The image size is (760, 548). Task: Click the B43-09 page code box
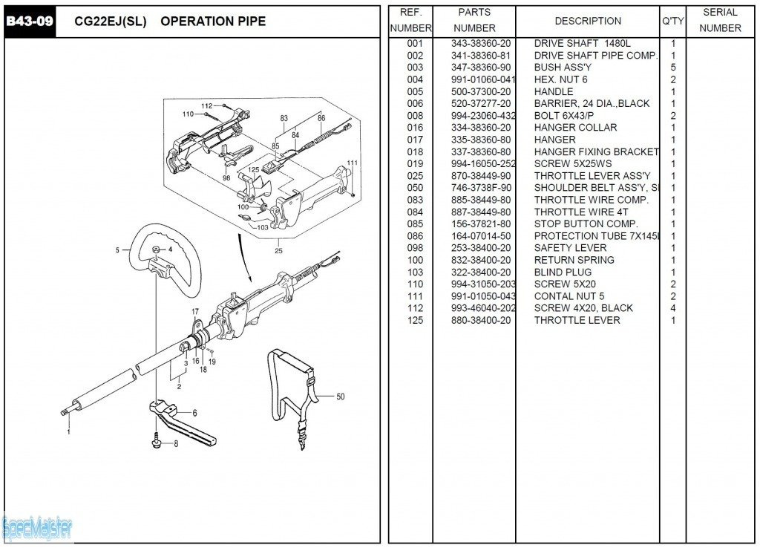(30, 21)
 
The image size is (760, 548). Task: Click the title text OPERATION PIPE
(213, 22)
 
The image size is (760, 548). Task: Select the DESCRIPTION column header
(588, 21)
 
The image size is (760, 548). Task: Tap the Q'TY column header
(672, 21)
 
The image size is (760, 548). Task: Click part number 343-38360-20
(481, 44)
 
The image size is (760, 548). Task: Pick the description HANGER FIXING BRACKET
(597, 152)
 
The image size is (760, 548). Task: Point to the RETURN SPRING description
(574, 260)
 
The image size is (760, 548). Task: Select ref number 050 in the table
(415, 188)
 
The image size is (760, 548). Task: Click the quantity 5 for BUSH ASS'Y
(673, 68)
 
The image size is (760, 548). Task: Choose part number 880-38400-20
(481, 320)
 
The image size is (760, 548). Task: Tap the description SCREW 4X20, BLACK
(583, 308)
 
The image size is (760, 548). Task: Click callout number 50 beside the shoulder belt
(340, 397)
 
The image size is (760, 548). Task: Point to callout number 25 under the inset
(278, 250)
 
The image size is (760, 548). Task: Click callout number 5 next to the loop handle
(117, 250)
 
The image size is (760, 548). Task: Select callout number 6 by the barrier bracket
(194, 413)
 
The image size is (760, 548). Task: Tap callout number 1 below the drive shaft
(69, 431)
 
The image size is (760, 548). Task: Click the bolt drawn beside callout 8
(157, 442)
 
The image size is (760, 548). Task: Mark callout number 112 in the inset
(206, 105)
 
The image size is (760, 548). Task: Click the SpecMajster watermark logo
(37, 529)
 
